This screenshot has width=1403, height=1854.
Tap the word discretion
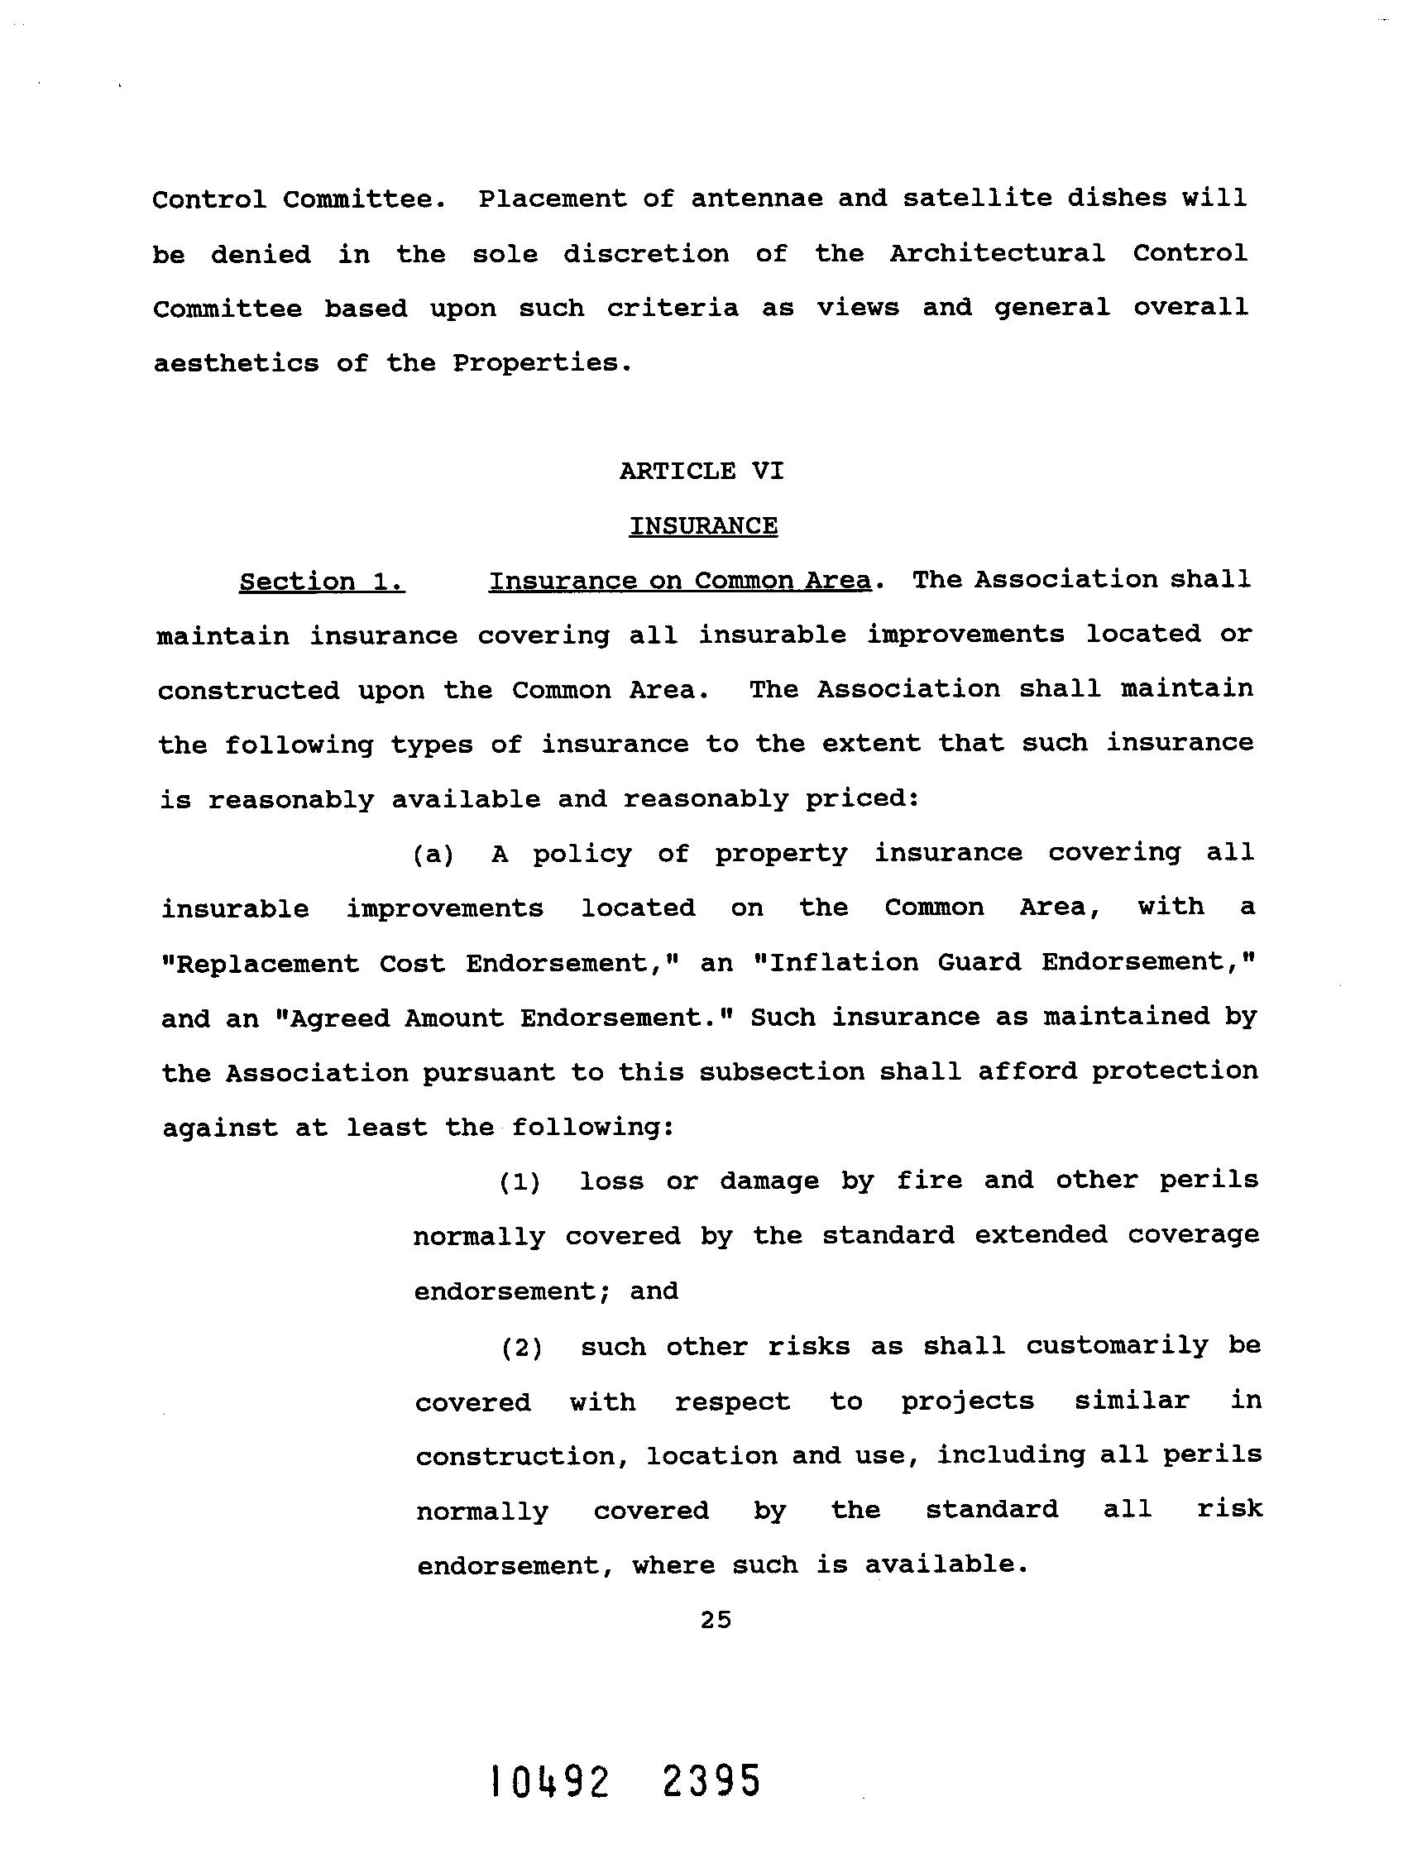pyautogui.click(x=645, y=254)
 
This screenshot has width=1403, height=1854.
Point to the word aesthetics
pyautogui.click(x=236, y=363)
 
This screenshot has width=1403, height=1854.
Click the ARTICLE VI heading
pyautogui.click(x=701, y=471)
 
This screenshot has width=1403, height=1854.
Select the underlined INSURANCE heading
pyautogui.click(x=703, y=526)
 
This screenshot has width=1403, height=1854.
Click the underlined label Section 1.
pyautogui.click(x=322, y=582)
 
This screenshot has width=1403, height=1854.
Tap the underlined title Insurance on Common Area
pyautogui.click(x=680, y=581)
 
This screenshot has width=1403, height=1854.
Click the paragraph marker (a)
pyautogui.click(x=433, y=854)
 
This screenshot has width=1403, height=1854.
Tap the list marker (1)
pyautogui.click(x=520, y=1182)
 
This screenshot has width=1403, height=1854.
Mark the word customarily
pyautogui.click(x=1118, y=1346)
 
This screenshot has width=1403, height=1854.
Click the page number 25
pyautogui.click(x=716, y=1620)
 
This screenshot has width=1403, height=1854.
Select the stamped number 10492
pyautogui.click(x=550, y=1783)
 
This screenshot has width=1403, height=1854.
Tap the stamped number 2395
pyautogui.click(x=711, y=1781)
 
